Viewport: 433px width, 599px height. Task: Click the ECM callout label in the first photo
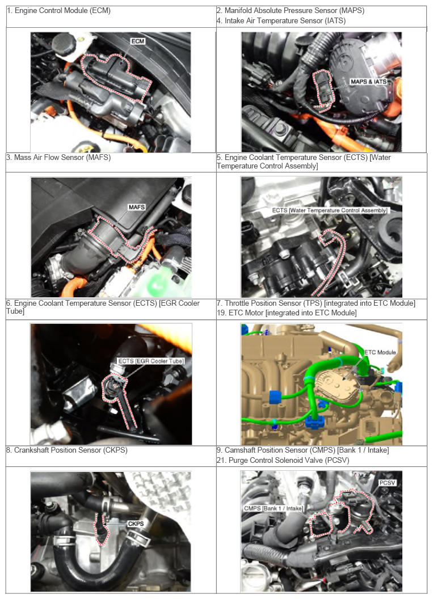pyautogui.click(x=137, y=41)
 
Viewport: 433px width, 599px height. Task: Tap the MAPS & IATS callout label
pyautogui.click(x=368, y=81)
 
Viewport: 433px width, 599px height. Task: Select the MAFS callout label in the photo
pyautogui.click(x=137, y=207)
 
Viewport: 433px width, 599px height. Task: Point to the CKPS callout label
pyautogui.click(x=136, y=524)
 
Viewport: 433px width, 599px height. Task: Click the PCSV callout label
pyautogui.click(x=387, y=483)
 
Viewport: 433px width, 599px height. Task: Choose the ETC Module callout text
pyautogui.click(x=380, y=352)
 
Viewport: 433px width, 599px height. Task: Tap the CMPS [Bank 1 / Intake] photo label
pyautogui.click(x=274, y=508)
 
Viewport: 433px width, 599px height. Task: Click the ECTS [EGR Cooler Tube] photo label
pyautogui.click(x=151, y=361)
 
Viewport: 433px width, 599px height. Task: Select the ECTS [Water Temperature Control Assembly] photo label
pyautogui.click(x=329, y=210)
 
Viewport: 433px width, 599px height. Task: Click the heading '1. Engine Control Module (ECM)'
pyautogui.click(x=59, y=11)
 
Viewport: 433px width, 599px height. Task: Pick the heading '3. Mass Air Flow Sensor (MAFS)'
pyautogui.click(x=58, y=157)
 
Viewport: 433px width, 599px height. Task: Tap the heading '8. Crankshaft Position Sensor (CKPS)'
pyautogui.click(x=67, y=450)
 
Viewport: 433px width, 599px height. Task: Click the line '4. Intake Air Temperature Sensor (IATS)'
pyautogui.click(x=281, y=20)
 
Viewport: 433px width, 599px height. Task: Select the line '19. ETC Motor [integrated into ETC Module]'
pyautogui.click(x=287, y=313)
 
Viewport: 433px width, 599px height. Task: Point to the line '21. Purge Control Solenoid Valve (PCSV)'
pyautogui.click(x=283, y=460)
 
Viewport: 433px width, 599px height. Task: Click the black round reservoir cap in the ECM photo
pyautogui.click(x=64, y=42)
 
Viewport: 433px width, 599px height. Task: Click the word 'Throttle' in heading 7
pyautogui.click(x=237, y=303)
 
